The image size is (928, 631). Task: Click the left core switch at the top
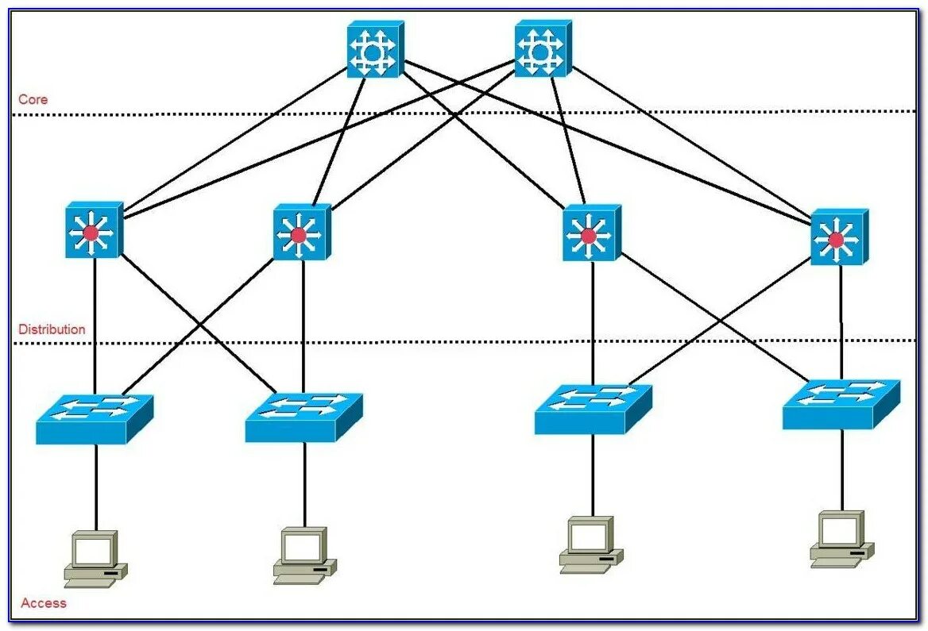click(374, 49)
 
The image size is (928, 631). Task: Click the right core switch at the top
click(542, 49)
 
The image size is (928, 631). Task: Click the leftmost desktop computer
click(95, 559)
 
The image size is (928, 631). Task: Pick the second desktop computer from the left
click(304, 556)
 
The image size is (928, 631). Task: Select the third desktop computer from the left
click(590, 545)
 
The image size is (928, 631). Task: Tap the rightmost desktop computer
click(841, 540)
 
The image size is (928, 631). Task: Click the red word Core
click(33, 100)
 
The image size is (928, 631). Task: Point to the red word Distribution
click(52, 329)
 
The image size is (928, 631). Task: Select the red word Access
click(44, 603)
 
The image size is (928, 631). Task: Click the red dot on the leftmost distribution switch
click(91, 233)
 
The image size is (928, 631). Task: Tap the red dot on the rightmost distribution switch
click(836, 240)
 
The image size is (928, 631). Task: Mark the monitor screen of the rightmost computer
click(840, 528)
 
